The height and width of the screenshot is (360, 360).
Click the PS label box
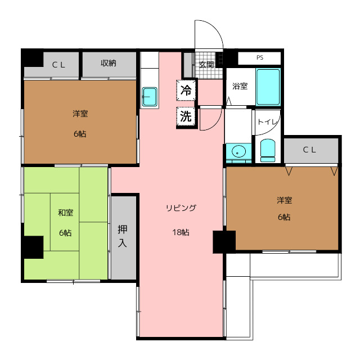click(259, 58)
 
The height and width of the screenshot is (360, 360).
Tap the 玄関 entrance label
click(206, 65)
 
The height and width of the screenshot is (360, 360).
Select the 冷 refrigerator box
click(186, 90)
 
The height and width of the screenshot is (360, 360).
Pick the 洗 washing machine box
click(186, 116)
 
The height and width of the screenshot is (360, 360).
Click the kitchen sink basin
click(150, 97)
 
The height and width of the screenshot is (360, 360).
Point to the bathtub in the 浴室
click(268, 87)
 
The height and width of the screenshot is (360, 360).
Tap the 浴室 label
click(240, 86)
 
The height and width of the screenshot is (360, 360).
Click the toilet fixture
click(268, 150)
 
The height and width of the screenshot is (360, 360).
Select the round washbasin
click(238, 152)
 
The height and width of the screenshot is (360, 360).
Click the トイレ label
click(268, 121)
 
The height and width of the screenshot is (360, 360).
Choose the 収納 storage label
click(109, 63)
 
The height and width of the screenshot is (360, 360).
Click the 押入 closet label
click(122, 236)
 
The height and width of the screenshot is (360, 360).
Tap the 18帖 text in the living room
click(181, 232)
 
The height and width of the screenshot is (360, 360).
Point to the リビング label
click(181, 208)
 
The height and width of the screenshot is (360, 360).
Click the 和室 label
click(66, 213)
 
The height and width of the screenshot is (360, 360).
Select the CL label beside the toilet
click(309, 150)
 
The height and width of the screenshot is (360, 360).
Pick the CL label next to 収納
click(58, 65)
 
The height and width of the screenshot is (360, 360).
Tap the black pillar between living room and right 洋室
click(224, 242)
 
